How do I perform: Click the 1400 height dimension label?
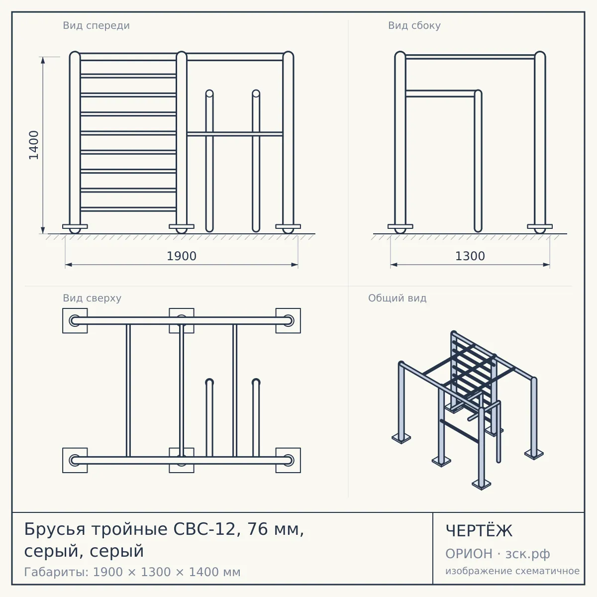pos(34,145)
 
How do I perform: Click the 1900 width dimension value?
pos(182,256)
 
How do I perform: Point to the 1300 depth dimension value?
pos(470,256)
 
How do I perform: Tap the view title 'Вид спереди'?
pos(97,26)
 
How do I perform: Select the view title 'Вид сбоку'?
pos(414,26)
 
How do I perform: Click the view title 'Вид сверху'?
pos(92,298)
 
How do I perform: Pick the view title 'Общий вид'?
pos(397,298)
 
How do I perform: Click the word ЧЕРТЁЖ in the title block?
pos(479,531)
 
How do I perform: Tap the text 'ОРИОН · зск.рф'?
pos(497,554)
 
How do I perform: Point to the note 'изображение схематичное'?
pos(512,571)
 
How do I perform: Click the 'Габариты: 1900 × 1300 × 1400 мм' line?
pos(132,572)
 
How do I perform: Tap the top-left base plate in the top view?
pos(75,321)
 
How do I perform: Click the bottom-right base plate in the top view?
pos(288,460)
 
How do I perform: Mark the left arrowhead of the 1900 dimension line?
pos(69,265)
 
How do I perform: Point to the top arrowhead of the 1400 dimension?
pos(43,60)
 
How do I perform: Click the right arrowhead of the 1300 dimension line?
pos(546,265)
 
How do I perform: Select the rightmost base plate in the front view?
pos(288,226)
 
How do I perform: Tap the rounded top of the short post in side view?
pos(478,93)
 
